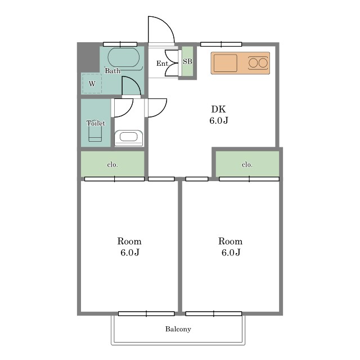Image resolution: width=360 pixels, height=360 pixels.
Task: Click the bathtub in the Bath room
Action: (x=124, y=57)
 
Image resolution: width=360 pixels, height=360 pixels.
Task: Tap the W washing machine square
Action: (x=92, y=84)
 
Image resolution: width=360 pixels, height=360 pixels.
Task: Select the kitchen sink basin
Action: (x=225, y=63)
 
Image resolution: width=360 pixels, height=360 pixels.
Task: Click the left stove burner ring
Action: (x=253, y=63)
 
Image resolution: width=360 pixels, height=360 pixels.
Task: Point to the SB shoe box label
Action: (x=187, y=61)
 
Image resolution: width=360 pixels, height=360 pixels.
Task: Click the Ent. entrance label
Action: (x=163, y=64)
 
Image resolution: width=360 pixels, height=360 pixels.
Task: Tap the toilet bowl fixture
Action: (x=95, y=133)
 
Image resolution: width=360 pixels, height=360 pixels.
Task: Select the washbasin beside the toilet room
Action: (x=129, y=138)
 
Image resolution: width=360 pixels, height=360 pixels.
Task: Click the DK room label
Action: (x=219, y=109)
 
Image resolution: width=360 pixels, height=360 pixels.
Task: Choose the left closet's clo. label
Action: (x=112, y=165)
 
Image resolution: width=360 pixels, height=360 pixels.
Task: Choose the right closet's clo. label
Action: (x=247, y=165)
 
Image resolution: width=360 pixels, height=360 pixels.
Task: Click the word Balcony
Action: (x=178, y=329)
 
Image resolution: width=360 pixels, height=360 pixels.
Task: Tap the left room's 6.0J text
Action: (x=130, y=253)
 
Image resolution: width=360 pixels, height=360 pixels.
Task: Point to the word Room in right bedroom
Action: (x=230, y=241)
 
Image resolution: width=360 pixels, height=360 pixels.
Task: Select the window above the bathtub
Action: (x=120, y=44)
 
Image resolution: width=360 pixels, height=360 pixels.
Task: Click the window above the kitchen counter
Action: (x=221, y=44)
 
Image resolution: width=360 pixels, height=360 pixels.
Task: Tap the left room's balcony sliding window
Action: (x=146, y=314)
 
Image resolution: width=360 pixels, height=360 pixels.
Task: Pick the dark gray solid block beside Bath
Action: (x=88, y=57)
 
